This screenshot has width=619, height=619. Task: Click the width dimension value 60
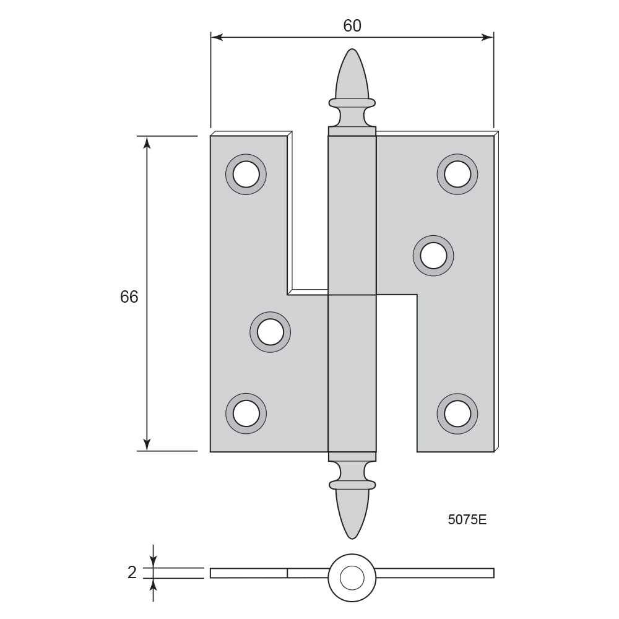(352, 25)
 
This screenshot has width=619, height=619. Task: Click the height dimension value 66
(129, 297)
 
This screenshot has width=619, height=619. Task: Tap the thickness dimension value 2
(132, 573)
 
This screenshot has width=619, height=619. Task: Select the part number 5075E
(467, 520)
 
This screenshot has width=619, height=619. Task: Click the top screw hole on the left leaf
(246, 174)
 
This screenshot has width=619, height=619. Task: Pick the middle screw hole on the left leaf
(271, 332)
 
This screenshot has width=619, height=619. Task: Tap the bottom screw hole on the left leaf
(246, 413)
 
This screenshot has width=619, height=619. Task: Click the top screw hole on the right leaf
(457, 174)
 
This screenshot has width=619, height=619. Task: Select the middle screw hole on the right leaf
(433, 256)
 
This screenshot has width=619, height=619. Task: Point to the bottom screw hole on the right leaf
(457, 413)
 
